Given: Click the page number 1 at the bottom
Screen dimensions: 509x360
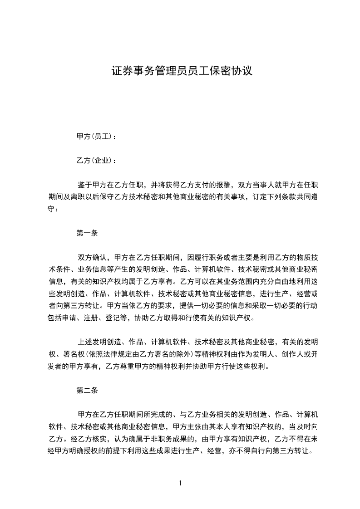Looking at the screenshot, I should click(x=180, y=483).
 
